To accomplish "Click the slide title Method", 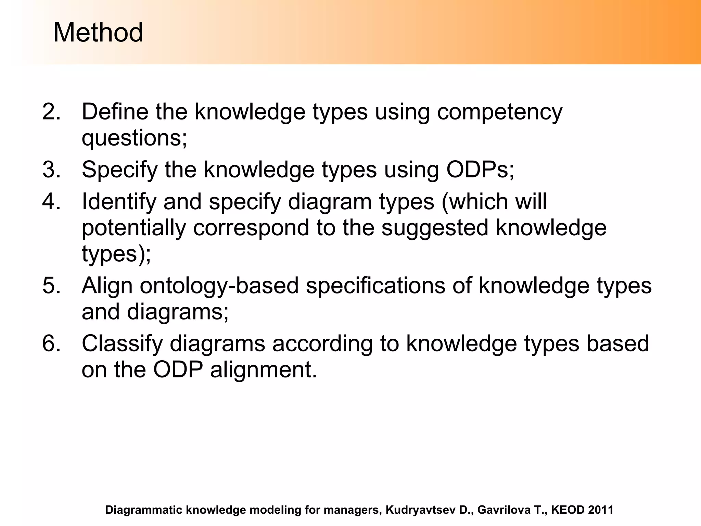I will point(98,33).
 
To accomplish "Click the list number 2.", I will point(51,112).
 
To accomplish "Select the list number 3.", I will point(51,170).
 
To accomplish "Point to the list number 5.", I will point(51,285).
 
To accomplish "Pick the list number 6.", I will point(51,343).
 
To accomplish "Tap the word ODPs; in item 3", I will point(480,170).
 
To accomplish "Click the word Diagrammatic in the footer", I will point(144,510).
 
